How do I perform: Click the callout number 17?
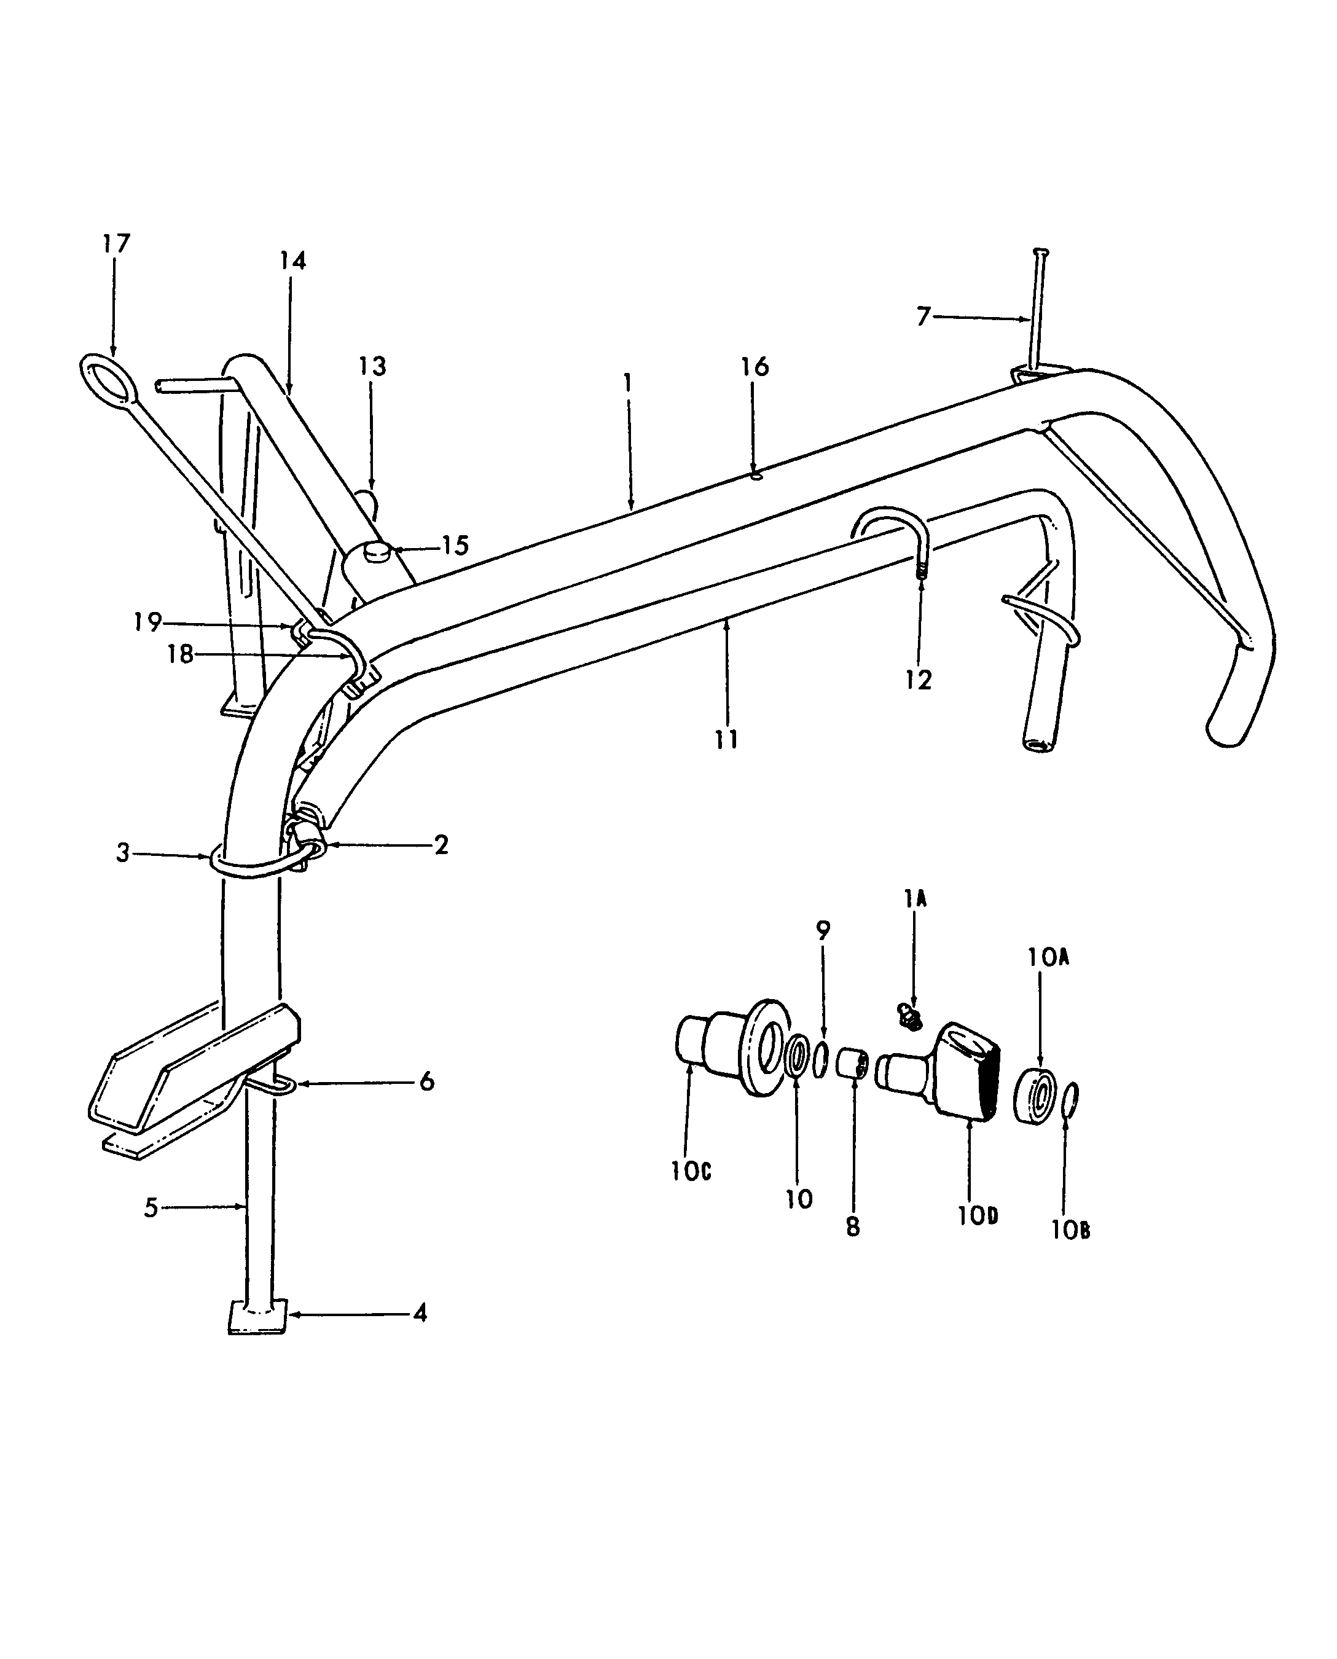pos(116,243)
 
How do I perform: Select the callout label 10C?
pos(690,1172)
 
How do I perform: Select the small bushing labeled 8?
pos(853,1064)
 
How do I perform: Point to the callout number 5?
pos(151,1207)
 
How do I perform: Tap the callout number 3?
pos(122,853)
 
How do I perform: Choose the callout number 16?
pos(755,367)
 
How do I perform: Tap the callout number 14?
pos(292,261)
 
